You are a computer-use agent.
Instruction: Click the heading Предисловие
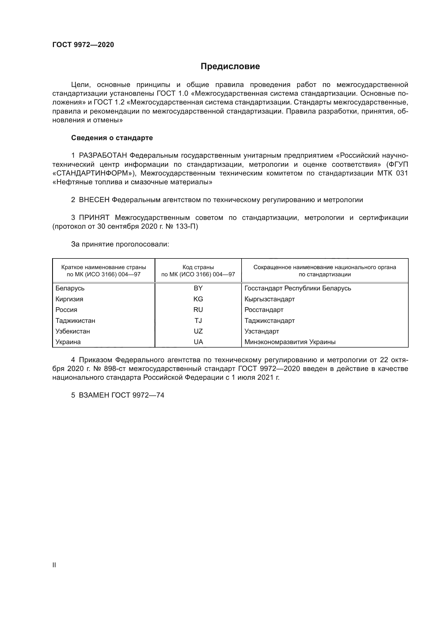pyautogui.click(x=230, y=66)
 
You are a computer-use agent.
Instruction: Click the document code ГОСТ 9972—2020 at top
pyautogui.click(x=83, y=45)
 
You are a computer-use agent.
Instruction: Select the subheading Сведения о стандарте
pyautogui.click(x=112, y=138)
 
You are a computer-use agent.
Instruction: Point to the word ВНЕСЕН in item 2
pyautogui.click(x=94, y=200)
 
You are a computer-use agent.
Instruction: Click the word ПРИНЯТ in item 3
pyautogui.click(x=94, y=218)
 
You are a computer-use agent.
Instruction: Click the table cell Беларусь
pyautogui.click(x=70, y=288)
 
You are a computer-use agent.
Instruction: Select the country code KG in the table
pyautogui.click(x=198, y=299)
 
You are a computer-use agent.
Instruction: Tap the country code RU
pyautogui.click(x=198, y=310)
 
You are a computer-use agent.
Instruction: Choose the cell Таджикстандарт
pyautogui.click(x=269, y=321)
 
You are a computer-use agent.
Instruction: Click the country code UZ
pyautogui.click(x=198, y=331)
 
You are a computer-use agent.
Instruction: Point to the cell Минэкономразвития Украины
pyautogui.click(x=290, y=342)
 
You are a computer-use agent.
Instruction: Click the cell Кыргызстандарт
pyautogui.click(x=269, y=299)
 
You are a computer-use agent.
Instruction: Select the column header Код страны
pyautogui.click(x=198, y=267)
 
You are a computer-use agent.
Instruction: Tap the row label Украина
pyautogui.click(x=68, y=342)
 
